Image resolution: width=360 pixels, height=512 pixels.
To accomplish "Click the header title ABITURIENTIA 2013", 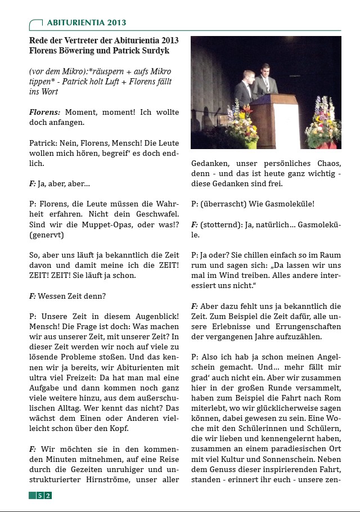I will click(x=87, y=23).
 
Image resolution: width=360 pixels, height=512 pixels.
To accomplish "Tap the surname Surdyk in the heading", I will click(x=159, y=51).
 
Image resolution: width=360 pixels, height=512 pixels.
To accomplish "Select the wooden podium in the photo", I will click(x=275, y=118).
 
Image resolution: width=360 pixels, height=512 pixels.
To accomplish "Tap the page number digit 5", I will click(x=40, y=496).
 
